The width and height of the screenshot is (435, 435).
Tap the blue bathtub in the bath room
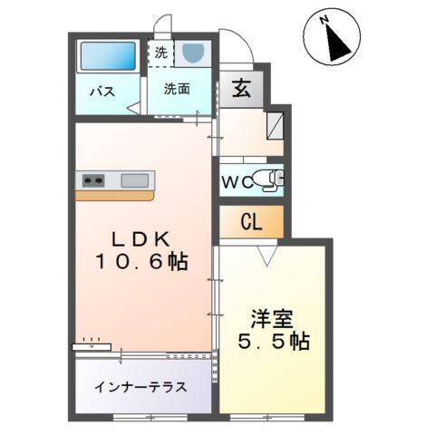(106, 57)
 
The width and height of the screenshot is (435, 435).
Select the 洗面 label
(177, 89)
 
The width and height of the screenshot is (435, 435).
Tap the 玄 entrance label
(242, 89)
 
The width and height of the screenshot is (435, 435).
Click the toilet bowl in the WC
(267, 179)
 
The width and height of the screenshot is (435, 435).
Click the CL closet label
(251, 221)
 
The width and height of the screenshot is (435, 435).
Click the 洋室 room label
(269, 319)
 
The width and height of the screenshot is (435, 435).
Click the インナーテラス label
(140, 386)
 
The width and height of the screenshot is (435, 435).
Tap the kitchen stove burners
(92, 179)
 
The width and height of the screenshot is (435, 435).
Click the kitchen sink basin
(134, 179)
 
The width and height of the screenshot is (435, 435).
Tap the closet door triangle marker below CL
(266, 256)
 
